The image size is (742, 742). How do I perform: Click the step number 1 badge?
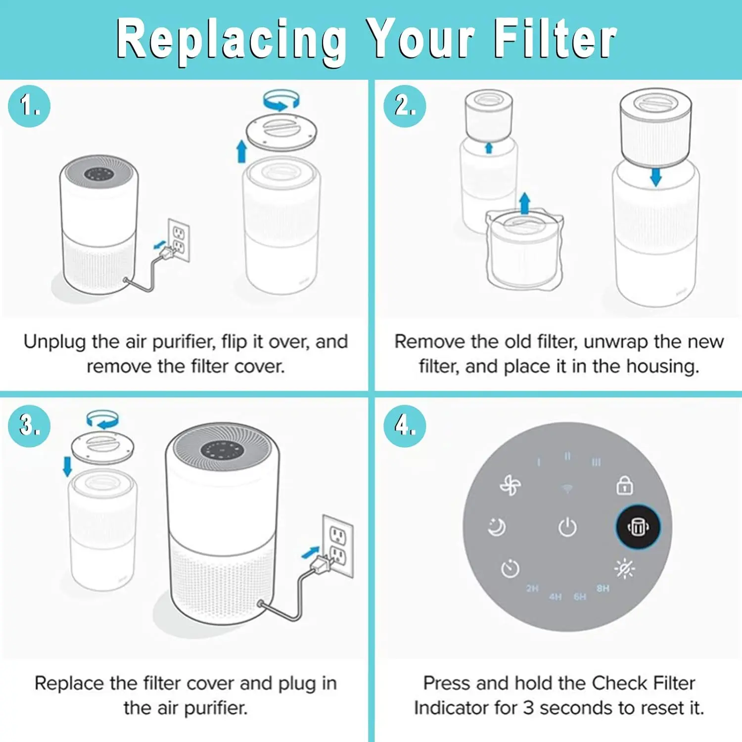point(29,106)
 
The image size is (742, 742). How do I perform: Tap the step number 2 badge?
point(405,106)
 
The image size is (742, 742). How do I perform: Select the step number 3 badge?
point(29,426)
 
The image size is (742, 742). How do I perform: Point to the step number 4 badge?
point(405,426)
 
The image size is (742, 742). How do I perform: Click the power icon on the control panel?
point(567,527)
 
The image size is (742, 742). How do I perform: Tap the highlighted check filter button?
point(638,527)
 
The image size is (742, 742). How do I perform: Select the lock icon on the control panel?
point(625,485)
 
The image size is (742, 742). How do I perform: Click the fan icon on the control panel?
point(510,485)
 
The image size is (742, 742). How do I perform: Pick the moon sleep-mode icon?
point(497,527)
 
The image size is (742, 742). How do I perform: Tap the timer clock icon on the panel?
point(510,568)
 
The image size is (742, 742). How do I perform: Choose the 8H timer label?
point(603,588)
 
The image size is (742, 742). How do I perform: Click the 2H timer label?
point(532,588)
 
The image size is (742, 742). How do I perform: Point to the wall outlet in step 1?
point(179,240)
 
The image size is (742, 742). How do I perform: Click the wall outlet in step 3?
point(338,546)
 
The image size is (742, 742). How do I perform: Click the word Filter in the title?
point(555,39)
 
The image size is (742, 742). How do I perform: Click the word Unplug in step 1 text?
point(55,342)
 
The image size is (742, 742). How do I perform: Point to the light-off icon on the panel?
point(625,568)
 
